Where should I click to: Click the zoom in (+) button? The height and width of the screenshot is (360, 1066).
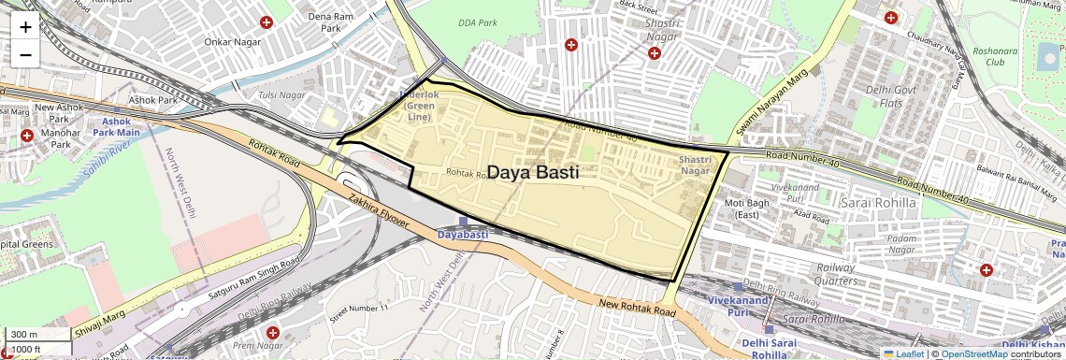(25, 27)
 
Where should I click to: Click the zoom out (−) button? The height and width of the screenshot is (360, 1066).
(25, 54)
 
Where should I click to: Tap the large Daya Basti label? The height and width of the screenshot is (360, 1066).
(534, 173)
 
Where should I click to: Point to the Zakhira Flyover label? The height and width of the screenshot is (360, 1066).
(378, 210)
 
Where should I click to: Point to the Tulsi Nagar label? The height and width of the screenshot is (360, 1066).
(281, 95)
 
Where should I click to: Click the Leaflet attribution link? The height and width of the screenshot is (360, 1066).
(903, 353)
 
